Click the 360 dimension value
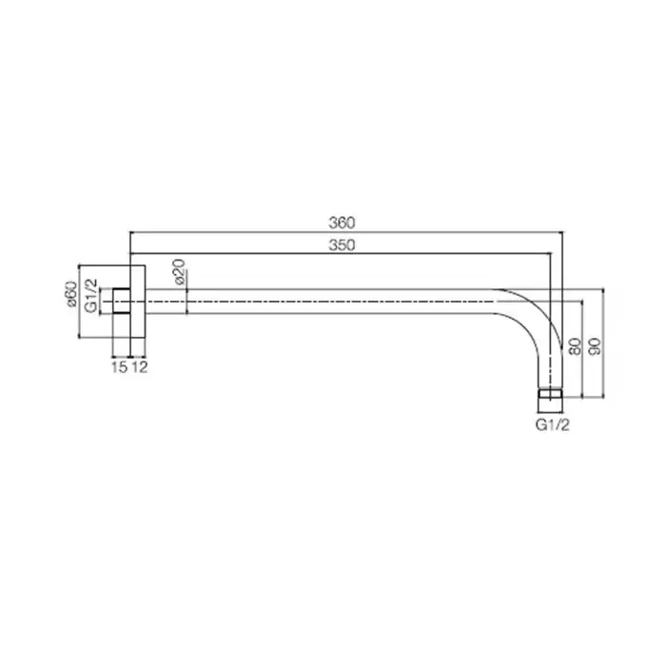(x=342, y=223)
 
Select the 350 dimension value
(x=342, y=245)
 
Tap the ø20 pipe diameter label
(x=179, y=271)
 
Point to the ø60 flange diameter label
(x=71, y=293)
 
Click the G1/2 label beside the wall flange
(x=91, y=296)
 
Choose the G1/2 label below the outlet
(x=552, y=424)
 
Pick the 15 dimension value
(x=119, y=367)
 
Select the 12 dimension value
(x=139, y=367)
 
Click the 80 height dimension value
(x=575, y=346)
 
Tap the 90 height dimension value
(x=595, y=346)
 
